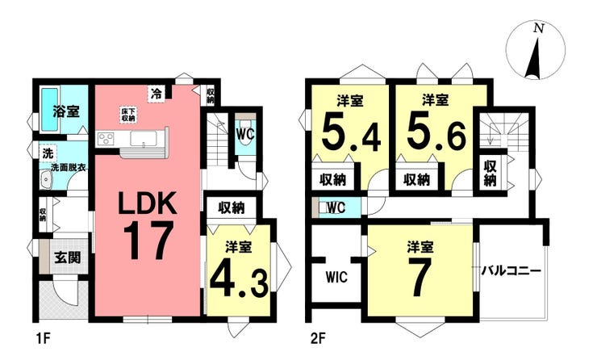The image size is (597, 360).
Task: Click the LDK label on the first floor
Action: pos(147,203)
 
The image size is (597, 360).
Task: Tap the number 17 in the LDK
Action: pos(148,241)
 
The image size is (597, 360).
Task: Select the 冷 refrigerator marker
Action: pos(156,94)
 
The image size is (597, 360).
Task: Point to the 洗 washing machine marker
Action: pos(48,153)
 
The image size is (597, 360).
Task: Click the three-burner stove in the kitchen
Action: pos(106,138)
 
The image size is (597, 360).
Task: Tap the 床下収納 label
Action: pos(128,115)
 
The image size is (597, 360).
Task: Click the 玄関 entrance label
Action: pos(67,258)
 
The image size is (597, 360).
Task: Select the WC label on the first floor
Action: pos(245,134)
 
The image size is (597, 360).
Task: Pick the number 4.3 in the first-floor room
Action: pos(239,278)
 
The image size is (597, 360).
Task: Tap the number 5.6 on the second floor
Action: pos(436,133)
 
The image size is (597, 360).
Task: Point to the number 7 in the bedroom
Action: pos(420,278)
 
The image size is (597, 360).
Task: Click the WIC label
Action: pos(336,277)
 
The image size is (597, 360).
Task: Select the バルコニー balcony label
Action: pos(511,271)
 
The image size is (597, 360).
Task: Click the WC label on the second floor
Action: pos(336,207)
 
